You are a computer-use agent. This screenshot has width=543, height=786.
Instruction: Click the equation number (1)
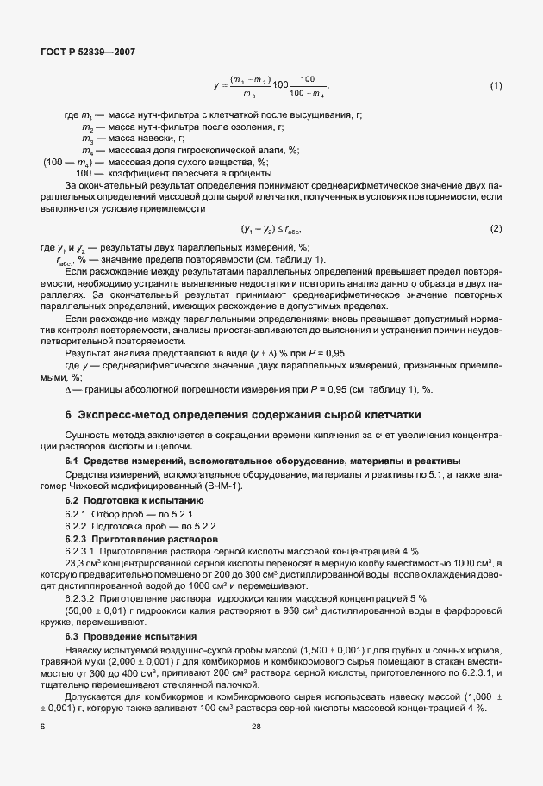(496, 86)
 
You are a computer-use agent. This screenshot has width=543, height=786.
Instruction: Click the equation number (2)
(496, 228)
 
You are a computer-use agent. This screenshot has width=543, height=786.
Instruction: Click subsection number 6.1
(72, 461)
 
